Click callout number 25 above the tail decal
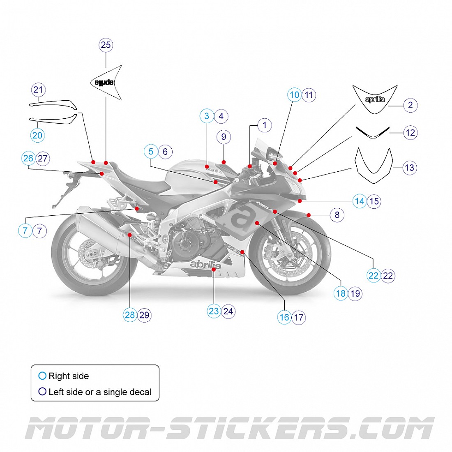pos(106,45)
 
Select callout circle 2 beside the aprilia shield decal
pos(410,105)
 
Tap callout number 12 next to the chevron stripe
pos(410,133)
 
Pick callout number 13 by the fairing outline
pos(409,168)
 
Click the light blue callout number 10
pos(295,95)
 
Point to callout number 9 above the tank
pos(224,137)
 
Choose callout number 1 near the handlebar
pos(265,125)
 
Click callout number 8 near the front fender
pos(337,215)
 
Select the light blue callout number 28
pos(130,315)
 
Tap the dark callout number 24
pos(228,311)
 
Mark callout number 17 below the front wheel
pos(299,317)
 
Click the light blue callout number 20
pos(37,135)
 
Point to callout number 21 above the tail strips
pos(38,90)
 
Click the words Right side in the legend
pos(69,376)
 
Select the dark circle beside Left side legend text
pos(42,392)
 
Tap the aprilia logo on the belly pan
pos(205,265)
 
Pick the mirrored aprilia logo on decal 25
pos(104,83)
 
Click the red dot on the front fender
pos(309,215)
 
